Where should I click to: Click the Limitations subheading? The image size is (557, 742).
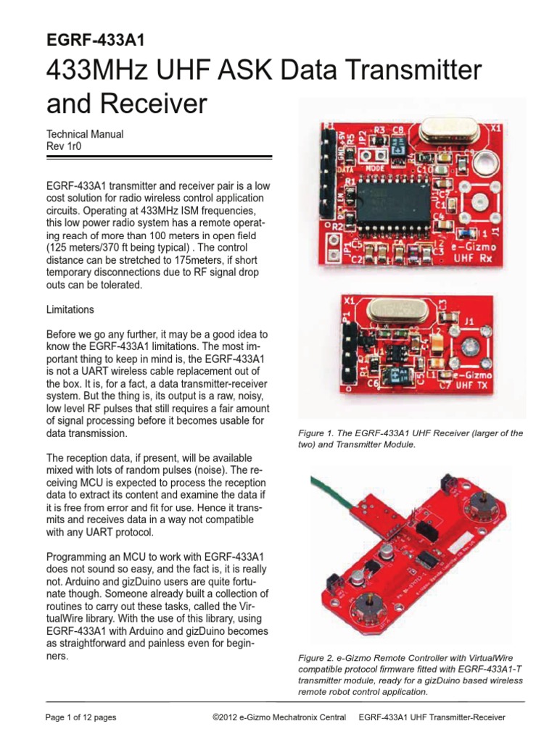pyautogui.click(x=70, y=309)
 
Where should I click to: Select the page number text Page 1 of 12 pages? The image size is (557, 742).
pyautogui.click(x=81, y=717)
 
